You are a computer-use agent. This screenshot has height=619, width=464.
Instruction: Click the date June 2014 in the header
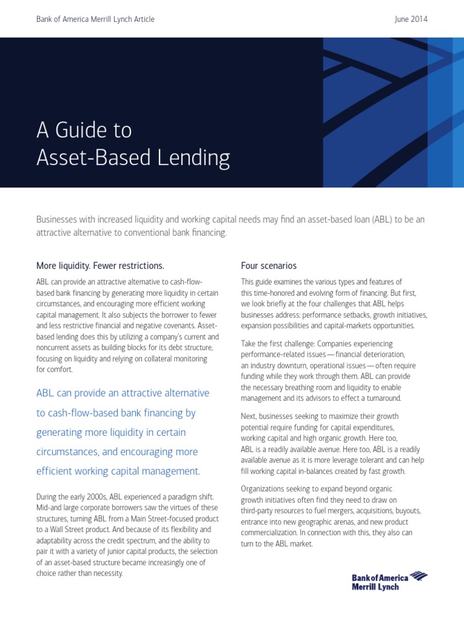pyautogui.click(x=410, y=19)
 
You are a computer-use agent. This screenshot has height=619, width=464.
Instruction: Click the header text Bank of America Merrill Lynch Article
pyautogui.click(x=95, y=19)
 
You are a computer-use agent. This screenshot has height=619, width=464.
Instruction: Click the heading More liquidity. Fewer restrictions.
pyautogui.click(x=100, y=265)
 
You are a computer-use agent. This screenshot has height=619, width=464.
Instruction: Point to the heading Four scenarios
pyautogui.click(x=269, y=265)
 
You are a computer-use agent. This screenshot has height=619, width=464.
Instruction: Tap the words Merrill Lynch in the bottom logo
pyautogui.click(x=375, y=587)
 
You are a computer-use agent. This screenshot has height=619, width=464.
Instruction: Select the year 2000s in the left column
pyautogui.click(x=94, y=497)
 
